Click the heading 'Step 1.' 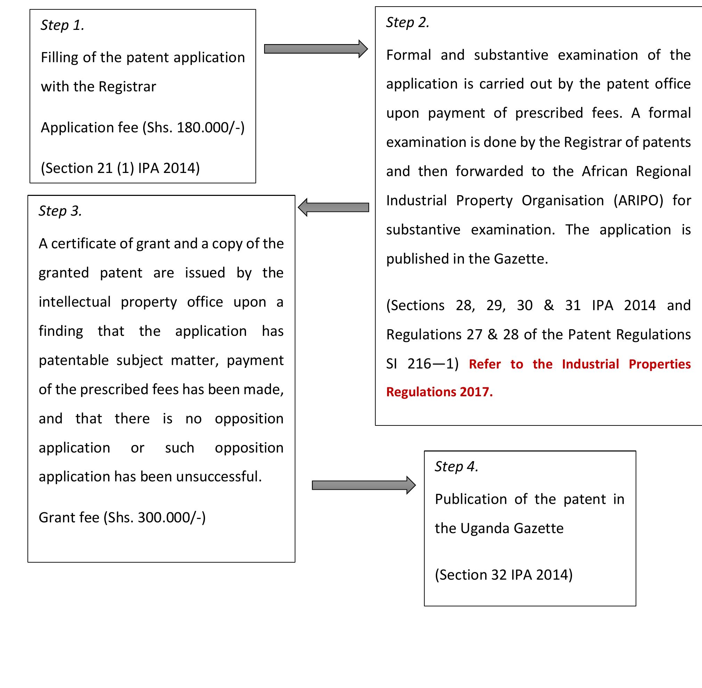point(62,25)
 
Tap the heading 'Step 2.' point(408,23)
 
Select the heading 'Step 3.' point(60,211)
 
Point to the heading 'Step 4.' point(456,466)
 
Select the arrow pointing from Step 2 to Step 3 point(334,207)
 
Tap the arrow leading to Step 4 point(364,485)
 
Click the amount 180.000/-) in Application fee point(211,127)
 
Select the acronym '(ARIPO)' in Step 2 point(638,200)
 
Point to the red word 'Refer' point(485,364)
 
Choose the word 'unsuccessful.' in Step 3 point(219,476)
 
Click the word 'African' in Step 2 point(605,171)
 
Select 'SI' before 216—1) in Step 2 point(392,364)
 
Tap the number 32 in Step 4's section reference point(499,575)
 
